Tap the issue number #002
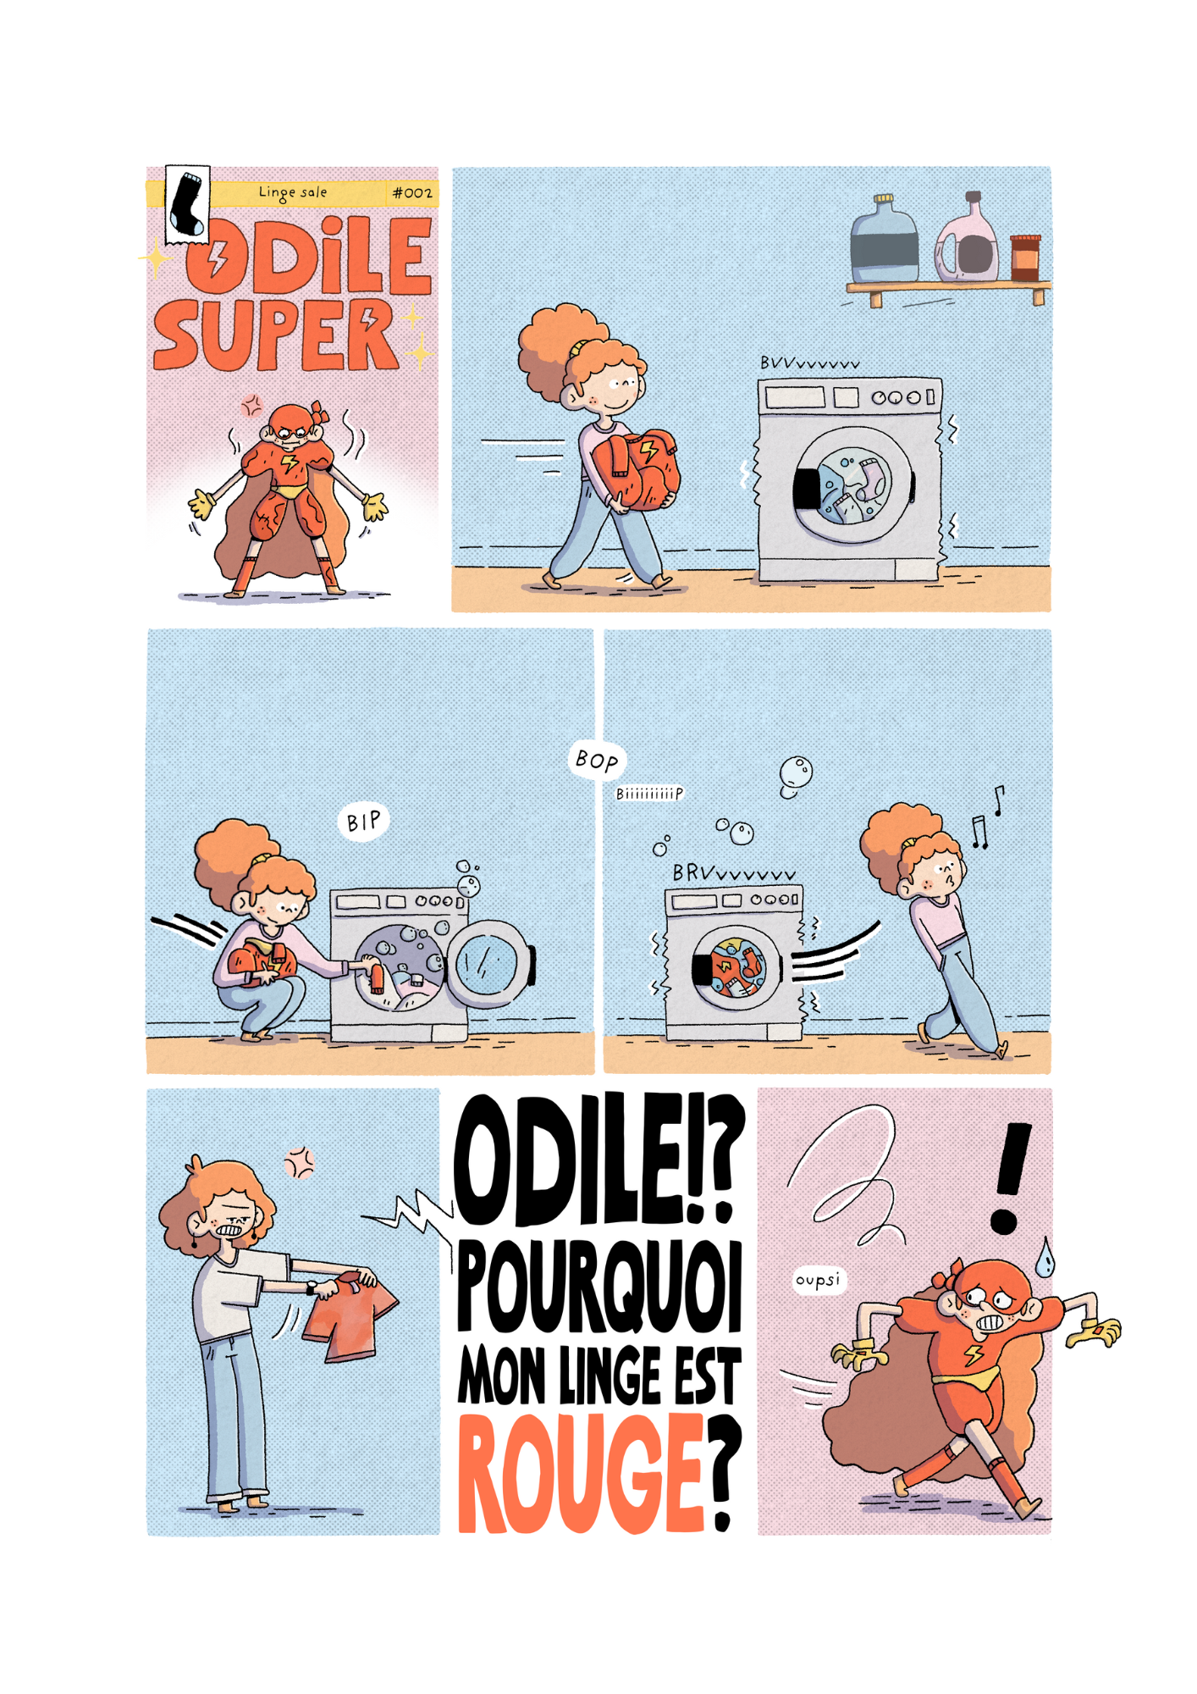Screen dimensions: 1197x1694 412,193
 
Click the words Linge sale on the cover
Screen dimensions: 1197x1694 293,193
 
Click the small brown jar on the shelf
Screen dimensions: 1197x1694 1025,257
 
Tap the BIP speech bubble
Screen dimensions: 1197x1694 364,821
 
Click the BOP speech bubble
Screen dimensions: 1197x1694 597,760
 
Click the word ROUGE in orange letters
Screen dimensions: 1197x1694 582,1473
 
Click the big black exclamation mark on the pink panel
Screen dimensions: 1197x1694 1011,1178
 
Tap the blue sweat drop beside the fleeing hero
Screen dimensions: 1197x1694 1045,1259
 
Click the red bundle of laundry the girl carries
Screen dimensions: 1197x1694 635,470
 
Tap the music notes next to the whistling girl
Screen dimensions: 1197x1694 987,817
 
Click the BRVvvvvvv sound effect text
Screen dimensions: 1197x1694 734,872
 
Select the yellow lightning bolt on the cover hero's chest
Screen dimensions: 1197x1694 290,463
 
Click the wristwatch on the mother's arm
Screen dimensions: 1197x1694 312,1287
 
